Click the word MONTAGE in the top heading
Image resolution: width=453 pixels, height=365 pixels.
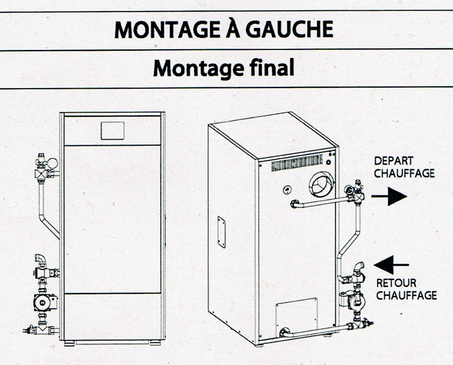tap(163, 30)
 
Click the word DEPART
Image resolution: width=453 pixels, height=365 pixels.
tap(394, 161)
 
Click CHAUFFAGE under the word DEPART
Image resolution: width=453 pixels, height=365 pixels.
tap(404, 174)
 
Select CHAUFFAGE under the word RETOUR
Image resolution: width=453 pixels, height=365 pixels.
tap(406, 295)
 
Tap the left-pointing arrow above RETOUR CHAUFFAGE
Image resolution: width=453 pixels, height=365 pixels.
tap(391, 265)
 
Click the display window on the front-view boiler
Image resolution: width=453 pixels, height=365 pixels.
tap(113, 131)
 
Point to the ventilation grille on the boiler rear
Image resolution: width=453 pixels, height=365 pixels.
tap(297, 163)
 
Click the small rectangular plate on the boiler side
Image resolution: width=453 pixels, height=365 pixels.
tap(221, 232)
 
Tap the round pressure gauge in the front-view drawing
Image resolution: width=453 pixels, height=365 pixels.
tap(53, 163)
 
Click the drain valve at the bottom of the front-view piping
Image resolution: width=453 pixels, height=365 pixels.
tap(28, 330)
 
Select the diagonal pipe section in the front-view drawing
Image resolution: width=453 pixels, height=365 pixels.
tap(50, 227)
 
